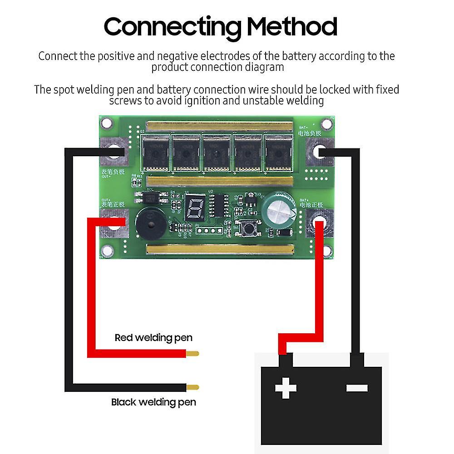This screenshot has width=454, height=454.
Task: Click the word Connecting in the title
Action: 172,27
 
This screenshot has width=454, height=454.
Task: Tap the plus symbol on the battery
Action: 286,388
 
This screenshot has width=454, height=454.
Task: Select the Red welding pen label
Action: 153,338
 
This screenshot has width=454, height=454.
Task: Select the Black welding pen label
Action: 153,402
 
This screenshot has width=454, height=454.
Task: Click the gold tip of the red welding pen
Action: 192,353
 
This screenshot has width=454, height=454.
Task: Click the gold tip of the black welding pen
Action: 192,387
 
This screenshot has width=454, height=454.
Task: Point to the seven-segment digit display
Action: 194,208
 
